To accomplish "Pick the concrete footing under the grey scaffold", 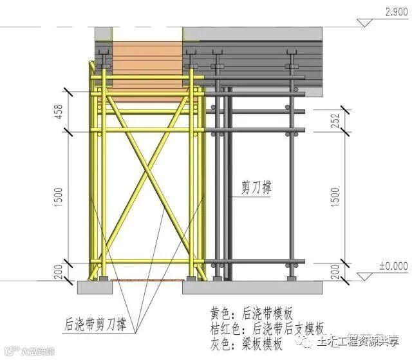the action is point(258,287).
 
